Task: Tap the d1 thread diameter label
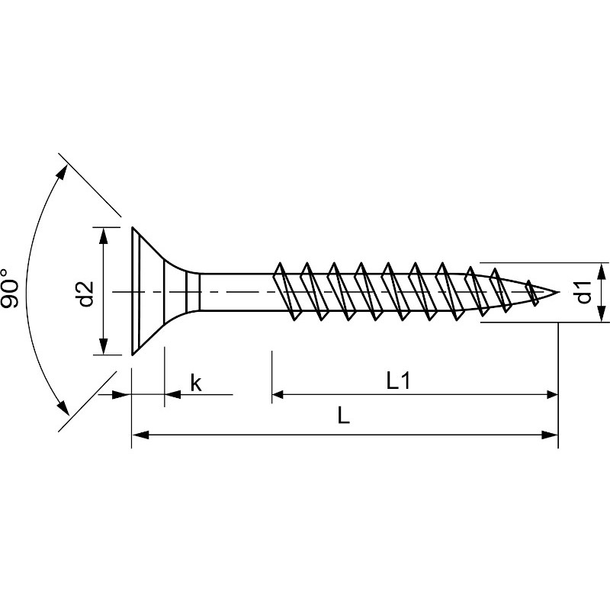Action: point(583,293)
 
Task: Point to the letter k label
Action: point(195,383)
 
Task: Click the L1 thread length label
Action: point(398,382)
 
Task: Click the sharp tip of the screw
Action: point(558,292)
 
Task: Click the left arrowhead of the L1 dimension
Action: point(279,394)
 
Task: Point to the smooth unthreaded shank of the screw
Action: point(236,292)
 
